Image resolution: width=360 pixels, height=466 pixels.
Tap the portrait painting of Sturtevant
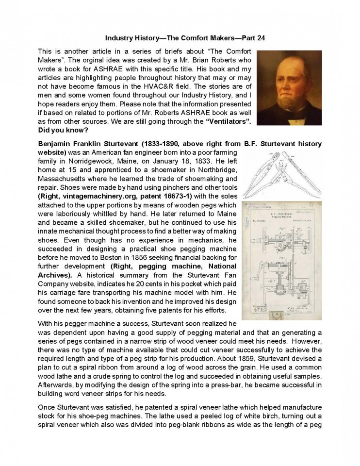pos(282,87)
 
